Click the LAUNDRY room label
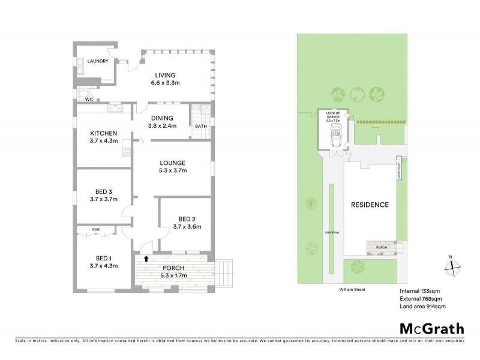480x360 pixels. tap(97, 61)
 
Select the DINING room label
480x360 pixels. tap(162, 122)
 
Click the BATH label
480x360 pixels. tap(202, 127)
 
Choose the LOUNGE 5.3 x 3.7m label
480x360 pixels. tap(172, 167)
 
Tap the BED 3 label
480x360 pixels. tap(103, 195)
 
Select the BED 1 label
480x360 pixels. tap(103, 262)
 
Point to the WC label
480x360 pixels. tap(88, 100)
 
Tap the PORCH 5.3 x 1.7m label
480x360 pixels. tap(173, 272)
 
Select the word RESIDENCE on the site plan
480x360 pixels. tap(370, 205)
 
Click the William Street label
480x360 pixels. tap(351, 289)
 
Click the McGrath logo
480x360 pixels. tap(431, 328)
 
